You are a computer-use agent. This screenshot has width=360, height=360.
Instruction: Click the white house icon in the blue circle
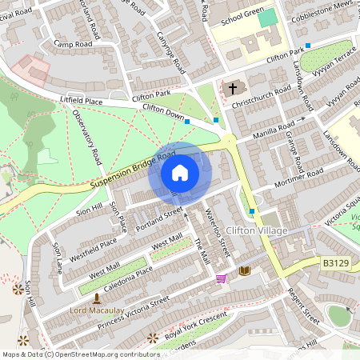[x=180, y=173]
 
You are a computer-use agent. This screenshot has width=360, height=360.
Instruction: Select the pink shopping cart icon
[x=221, y=278]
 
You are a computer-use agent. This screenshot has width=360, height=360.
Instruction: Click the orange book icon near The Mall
[x=244, y=271]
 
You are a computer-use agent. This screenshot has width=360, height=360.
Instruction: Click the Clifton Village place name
[x=256, y=231]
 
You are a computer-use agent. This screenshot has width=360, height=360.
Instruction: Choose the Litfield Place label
[x=82, y=102]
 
